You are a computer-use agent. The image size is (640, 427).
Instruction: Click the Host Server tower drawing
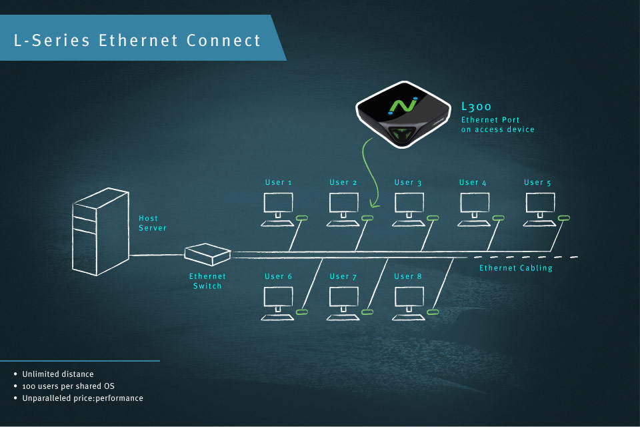101,232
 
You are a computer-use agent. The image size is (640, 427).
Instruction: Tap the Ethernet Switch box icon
207,254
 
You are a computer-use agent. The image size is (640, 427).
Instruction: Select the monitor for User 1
279,203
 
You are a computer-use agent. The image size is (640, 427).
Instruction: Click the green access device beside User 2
367,218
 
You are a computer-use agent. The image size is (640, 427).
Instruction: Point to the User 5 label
537,183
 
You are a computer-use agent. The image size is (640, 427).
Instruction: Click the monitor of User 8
409,297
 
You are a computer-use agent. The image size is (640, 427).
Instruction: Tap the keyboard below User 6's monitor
277,318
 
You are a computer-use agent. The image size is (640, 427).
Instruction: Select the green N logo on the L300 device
403,106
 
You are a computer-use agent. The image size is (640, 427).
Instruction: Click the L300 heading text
476,107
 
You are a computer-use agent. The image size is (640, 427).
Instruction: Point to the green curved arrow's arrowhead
373,203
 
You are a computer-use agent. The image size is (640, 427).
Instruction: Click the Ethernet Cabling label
516,268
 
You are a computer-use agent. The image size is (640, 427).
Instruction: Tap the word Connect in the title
224,41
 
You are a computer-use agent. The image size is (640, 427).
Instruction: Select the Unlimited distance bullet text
58,374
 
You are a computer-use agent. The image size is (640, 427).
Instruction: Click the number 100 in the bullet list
29,386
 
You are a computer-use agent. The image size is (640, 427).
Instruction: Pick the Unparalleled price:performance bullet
83,398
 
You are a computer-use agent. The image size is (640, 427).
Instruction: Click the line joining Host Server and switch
157,256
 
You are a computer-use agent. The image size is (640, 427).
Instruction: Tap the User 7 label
343,277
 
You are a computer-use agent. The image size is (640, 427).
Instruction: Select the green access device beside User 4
499,218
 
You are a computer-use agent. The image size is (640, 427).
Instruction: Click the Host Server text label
152,223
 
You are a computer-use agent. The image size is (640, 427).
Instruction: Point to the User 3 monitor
409,203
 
